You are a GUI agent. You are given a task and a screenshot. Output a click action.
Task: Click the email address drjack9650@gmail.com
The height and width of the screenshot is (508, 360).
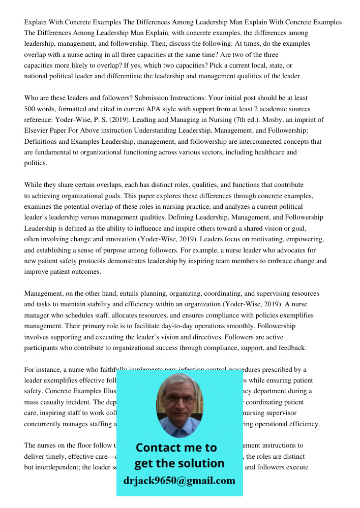[x=179, y=481]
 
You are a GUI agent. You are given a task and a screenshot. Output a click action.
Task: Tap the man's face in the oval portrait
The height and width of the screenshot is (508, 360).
[x=179, y=404]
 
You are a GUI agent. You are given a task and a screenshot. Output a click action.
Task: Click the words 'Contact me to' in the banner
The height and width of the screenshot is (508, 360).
[x=176, y=448]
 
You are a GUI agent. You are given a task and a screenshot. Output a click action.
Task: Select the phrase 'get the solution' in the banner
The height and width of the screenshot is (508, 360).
[x=179, y=463]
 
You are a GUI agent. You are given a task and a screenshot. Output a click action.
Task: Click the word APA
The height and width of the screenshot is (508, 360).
[x=158, y=109]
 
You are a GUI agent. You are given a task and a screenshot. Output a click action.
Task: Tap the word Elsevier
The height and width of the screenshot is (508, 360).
[x=37, y=131]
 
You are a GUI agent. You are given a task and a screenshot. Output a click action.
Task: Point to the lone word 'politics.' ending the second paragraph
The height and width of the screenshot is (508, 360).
[x=36, y=163]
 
